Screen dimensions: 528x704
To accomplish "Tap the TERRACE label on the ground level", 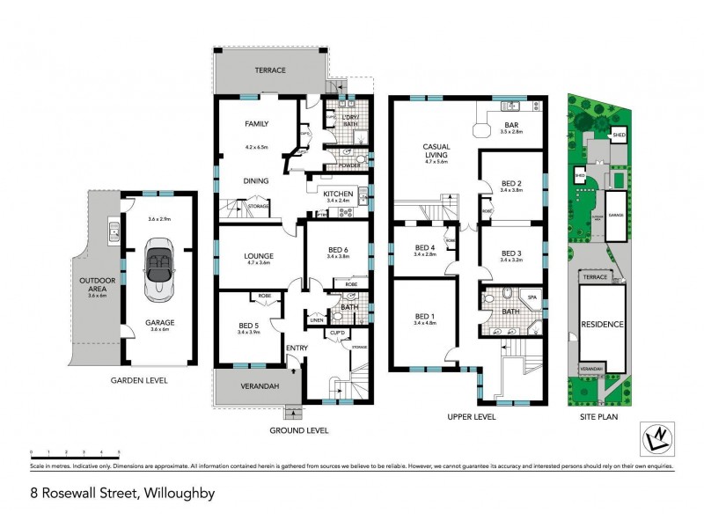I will [272, 70].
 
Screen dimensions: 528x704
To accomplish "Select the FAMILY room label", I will [257, 124].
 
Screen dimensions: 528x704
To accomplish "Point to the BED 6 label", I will [338, 250].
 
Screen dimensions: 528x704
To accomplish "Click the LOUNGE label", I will [259, 256].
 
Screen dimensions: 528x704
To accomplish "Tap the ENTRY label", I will [297, 348].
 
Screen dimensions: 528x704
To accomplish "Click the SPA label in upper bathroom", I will [532, 297].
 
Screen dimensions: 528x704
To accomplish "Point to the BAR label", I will [510, 125].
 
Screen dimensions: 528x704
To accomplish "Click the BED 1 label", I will [424, 316].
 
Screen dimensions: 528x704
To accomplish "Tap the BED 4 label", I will [424, 246].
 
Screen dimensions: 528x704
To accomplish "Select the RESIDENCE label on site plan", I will [602, 324].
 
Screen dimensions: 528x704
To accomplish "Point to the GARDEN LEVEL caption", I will [138, 381].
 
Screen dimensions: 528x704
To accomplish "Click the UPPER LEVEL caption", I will [471, 416].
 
